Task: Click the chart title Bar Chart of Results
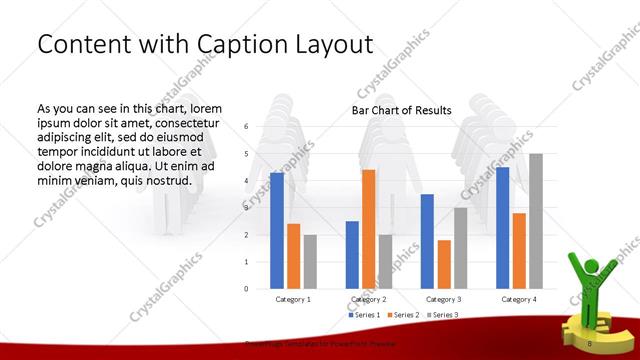(400, 110)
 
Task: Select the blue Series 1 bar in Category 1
(277, 231)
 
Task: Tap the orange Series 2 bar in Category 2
(368, 229)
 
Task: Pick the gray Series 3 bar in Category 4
(535, 221)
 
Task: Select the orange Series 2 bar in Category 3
(444, 264)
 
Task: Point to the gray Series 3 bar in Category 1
(310, 262)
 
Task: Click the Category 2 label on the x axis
(369, 299)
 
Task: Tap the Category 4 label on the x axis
(518, 299)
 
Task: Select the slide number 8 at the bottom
(591, 343)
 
